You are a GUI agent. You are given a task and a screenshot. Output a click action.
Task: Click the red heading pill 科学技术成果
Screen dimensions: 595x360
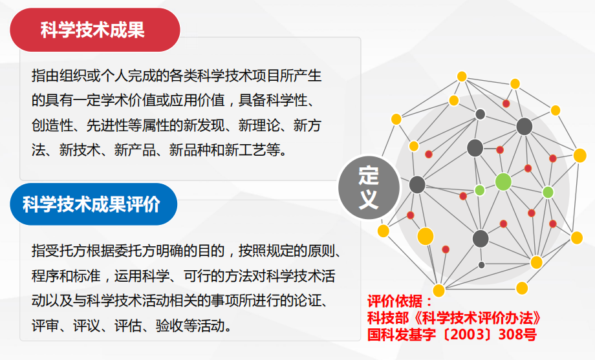[x=95, y=30]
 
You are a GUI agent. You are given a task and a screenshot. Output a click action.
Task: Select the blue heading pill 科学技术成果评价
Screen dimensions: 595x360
[x=93, y=204]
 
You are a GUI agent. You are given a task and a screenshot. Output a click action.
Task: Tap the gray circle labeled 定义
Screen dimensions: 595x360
[x=369, y=187]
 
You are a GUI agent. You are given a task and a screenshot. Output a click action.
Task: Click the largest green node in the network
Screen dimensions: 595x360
[x=503, y=182]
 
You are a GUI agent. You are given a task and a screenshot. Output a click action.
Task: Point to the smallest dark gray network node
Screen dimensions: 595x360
[x=481, y=265]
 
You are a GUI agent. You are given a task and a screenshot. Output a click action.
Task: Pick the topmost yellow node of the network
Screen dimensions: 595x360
[x=462, y=77]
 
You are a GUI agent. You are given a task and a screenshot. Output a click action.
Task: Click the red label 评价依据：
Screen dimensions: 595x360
[x=400, y=302]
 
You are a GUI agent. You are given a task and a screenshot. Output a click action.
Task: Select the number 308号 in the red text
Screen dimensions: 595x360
[x=517, y=334]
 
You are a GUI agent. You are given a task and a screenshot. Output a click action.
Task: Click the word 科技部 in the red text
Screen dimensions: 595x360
[x=388, y=318]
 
